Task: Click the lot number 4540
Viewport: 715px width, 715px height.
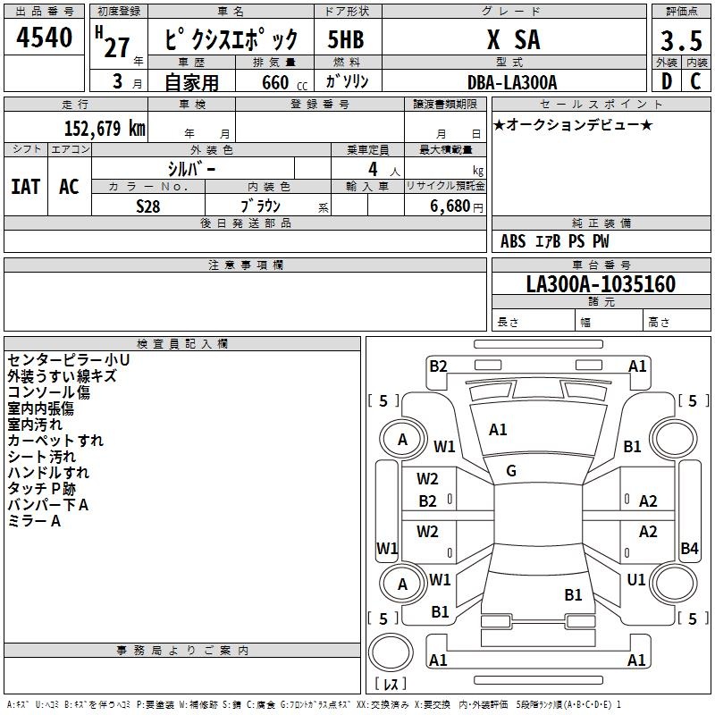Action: tap(44, 37)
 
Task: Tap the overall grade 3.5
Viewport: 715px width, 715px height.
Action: tap(681, 40)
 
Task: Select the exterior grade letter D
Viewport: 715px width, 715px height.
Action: tap(667, 81)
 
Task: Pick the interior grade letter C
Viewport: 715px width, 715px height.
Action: tap(695, 81)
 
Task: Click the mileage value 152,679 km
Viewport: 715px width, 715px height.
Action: tap(105, 128)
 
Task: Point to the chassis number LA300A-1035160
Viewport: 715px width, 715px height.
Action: tap(601, 283)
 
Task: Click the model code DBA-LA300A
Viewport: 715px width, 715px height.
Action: tap(512, 82)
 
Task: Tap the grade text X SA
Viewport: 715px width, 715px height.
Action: tap(513, 39)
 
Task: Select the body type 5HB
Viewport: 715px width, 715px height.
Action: tap(346, 39)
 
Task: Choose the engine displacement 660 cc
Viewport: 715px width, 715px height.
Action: tap(284, 82)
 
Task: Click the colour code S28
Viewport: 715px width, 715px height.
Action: tap(148, 206)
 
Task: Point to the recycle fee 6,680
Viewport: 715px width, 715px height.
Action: tap(450, 206)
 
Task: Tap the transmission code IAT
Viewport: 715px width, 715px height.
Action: tap(26, 187)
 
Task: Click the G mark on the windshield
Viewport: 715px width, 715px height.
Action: tap(511, 471)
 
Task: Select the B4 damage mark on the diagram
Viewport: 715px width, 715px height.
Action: tap(689, 548)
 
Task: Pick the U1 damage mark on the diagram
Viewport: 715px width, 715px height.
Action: tap(636, 580)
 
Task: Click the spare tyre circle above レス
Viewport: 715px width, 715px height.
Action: tap(391, 652)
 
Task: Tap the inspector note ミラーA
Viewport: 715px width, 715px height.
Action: tap(34, 521)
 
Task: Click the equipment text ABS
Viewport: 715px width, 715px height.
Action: tap(513, 241)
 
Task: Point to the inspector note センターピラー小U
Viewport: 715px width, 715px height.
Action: tap(69, 360)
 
